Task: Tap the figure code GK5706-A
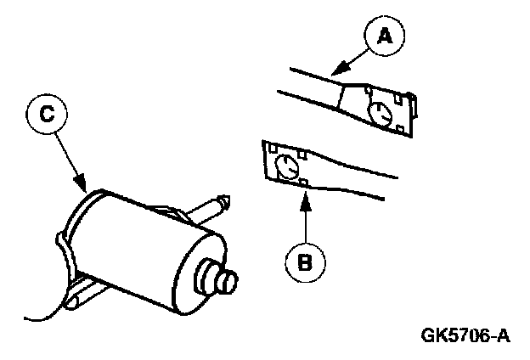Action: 465,335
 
